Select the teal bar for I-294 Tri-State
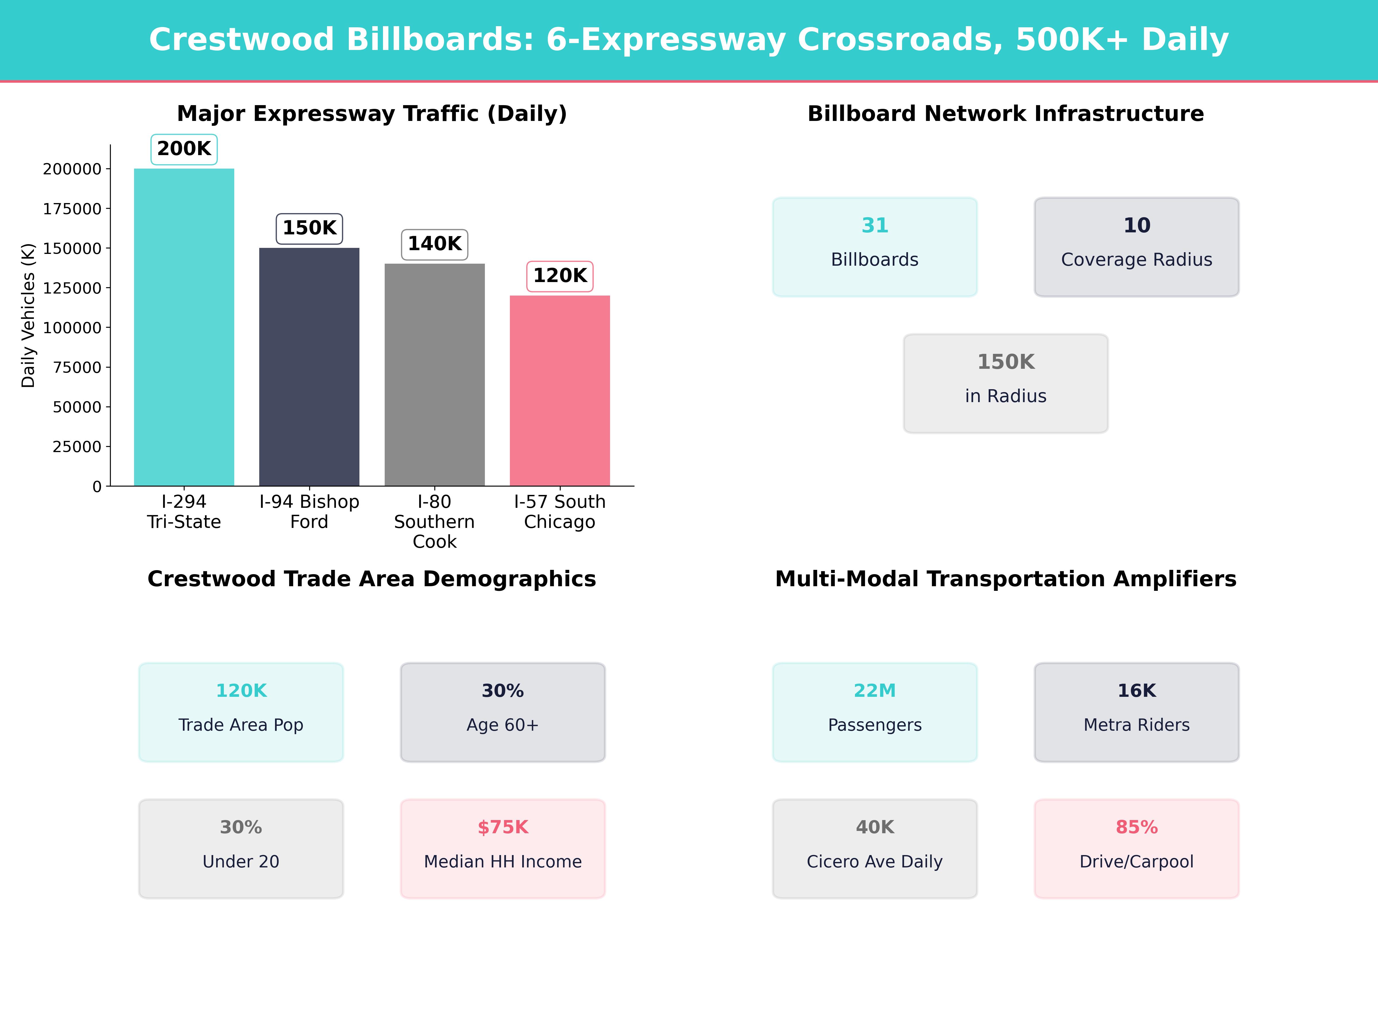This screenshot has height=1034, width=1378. [x=184, y=327]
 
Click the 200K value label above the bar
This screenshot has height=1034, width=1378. [x=184, y=149]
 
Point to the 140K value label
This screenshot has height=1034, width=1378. [x=434, y=244]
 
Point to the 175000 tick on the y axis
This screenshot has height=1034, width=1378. [x=72, y=209]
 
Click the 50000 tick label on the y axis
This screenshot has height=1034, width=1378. [x=77, y=407]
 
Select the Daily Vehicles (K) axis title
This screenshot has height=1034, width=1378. [x=28, y=315]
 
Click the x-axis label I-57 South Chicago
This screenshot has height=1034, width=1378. [x=560, y=512]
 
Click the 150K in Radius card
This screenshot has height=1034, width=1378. [x=1005, y=383]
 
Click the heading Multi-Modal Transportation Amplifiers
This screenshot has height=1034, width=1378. [x=1005, y=579]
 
